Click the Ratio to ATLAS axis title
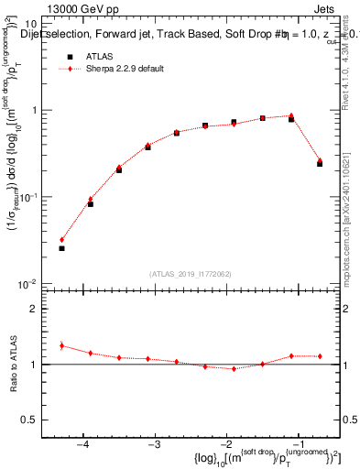coord(15,364)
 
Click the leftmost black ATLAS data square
coord(61,248)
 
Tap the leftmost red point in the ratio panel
coord(61,345)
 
